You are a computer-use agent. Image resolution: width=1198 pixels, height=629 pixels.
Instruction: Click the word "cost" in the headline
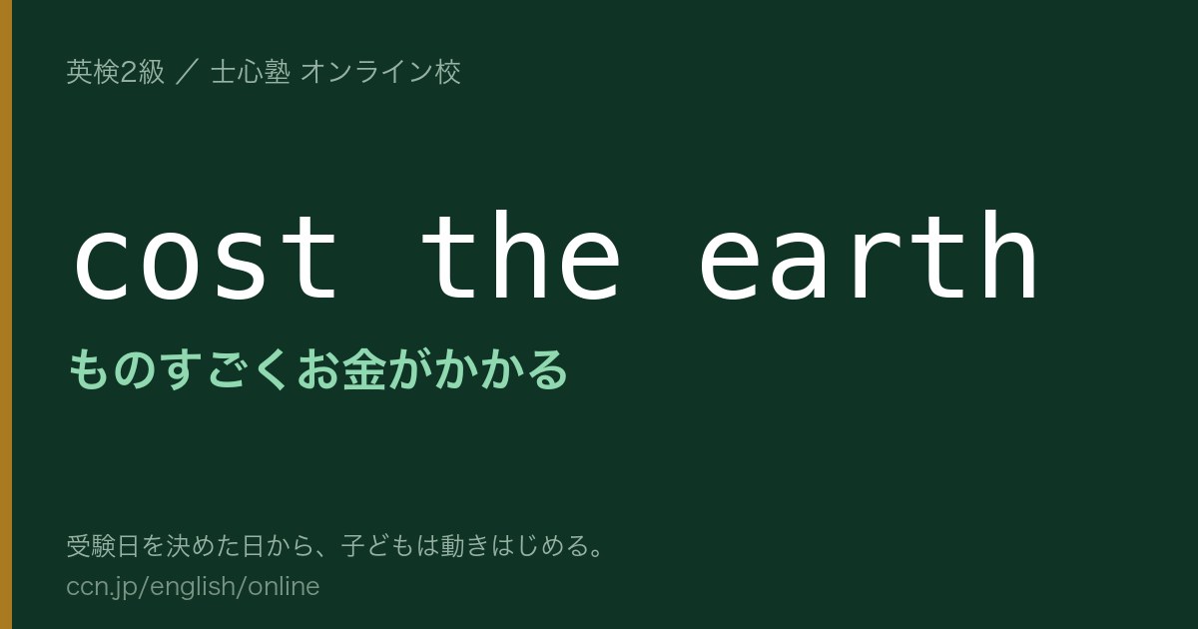click(206, 258)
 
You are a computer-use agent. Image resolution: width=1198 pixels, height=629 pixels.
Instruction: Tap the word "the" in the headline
click(521, 255)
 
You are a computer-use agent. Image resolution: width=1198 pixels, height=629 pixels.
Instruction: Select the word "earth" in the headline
click(869, 255)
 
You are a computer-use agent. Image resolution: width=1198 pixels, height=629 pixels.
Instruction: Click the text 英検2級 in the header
click(115, 72)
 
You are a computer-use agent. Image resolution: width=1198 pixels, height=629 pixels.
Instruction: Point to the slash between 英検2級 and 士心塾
click(188, 72)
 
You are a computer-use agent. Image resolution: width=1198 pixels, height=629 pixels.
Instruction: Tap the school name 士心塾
click(251, 72)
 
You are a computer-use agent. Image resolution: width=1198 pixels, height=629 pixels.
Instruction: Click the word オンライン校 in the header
click(380, 72)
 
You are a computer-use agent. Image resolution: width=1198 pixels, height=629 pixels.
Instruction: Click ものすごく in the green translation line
click(178, 369)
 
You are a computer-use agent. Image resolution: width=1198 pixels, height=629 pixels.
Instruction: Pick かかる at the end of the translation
click(500, 369)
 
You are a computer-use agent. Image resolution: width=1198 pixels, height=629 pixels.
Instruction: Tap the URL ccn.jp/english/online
click(193, 587)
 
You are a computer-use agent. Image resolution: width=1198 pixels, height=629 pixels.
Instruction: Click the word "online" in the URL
click(284, 586)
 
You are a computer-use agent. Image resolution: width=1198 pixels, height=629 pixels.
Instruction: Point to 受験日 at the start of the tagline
click(103, 546)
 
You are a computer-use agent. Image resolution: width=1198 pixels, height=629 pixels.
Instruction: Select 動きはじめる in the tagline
click(501, 546)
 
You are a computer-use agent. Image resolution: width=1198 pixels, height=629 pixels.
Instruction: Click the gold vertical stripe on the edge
click(6, 314)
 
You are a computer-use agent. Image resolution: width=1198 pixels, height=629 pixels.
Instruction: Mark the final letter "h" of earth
click(1010, 255)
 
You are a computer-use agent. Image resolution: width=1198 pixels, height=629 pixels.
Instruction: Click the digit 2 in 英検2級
click(129, 72)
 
